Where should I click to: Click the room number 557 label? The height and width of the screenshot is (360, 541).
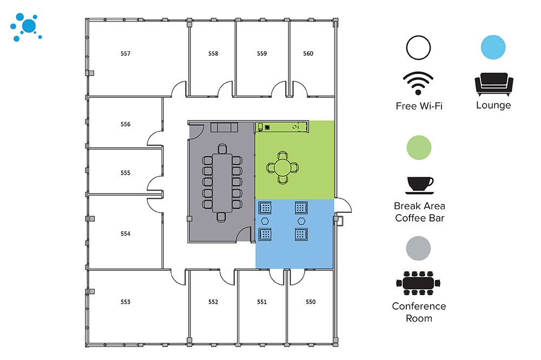tap(126, 54)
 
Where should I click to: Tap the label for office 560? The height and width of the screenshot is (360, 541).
tap(308, 54)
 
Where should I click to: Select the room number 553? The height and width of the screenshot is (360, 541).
tap(126, 302)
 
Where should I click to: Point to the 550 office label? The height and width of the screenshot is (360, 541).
tap(310, 302)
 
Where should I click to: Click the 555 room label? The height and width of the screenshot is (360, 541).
tap(126, 173)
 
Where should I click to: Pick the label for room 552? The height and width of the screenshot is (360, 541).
tap(213, 302)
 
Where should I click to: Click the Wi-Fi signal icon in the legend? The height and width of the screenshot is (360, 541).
tap(419, 83)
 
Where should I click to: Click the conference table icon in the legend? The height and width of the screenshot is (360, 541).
tap(419, 284)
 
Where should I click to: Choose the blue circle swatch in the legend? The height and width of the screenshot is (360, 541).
tap(493, 48)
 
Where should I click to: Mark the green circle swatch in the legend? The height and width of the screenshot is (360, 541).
tap(419, 148)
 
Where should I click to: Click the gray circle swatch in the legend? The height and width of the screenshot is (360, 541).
tap(419, 248)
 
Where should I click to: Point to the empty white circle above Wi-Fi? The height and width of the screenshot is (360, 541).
tap(419, 48)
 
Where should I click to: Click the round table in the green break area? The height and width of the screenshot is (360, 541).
tap(282, 167)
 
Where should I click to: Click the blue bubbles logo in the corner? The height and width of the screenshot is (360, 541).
tap(25, 27)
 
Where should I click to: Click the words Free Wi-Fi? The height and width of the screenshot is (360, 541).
tap(419, 106)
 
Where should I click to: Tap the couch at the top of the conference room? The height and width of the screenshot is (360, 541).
tap(224, 127)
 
